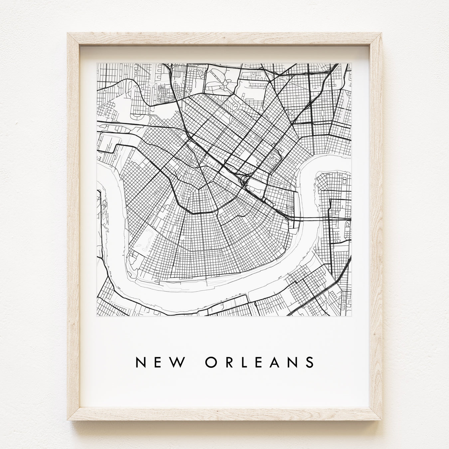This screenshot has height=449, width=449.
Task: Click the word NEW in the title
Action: [x=159, y=363]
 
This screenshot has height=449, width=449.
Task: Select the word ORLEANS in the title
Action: [x=259, y=363]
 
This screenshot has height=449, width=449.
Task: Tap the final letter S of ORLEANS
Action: [x=310, y=363]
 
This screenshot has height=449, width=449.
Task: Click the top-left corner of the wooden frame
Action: [x=68, y=33]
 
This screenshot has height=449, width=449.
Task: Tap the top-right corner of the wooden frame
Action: [x=381, y=33]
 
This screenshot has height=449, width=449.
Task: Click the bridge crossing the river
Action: [x=309, y=219]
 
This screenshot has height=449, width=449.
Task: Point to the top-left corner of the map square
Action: [x=97, y=63]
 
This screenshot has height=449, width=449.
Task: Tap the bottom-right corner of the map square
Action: [x=351, y=316]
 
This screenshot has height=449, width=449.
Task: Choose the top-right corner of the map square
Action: [x=351, y=63]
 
